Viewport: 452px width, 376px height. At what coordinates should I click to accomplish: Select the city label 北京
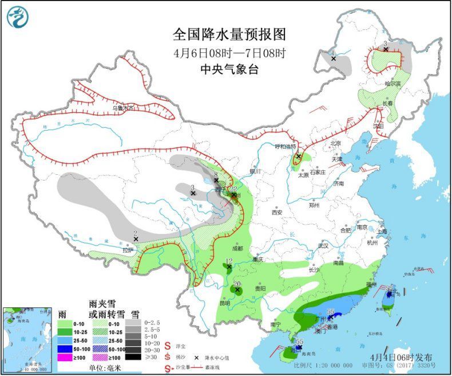click(335, 143)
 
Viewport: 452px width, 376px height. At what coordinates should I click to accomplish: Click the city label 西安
click(277, 212)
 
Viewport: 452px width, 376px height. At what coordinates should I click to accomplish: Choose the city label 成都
click(237, 249)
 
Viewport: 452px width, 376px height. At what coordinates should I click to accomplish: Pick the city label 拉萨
click(127, 250)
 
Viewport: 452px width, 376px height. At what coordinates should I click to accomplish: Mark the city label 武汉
click(324, 246)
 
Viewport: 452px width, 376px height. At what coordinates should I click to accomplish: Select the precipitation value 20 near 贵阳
click(237, 284)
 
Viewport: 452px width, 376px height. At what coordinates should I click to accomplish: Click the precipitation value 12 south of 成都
click(229, 261)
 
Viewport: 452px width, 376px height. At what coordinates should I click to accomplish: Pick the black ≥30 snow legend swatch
click(135, 357)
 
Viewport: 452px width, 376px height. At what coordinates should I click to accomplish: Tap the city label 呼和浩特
click(287, 146)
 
